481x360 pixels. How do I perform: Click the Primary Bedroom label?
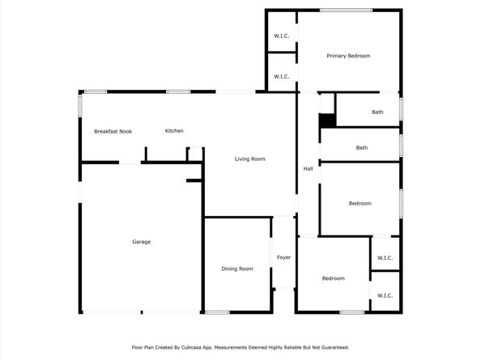point(348,56)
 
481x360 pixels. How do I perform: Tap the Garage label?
point(142,242)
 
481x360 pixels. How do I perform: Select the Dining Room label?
point(237,269)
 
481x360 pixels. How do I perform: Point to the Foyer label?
point(283,257)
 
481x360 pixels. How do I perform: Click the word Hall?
point(308,168)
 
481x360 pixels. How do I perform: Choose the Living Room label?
point(250,159)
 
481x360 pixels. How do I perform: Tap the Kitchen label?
point(174,131)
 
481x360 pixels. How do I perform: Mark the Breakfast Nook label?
point(113,131)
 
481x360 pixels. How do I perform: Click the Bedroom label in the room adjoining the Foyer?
point(333,278)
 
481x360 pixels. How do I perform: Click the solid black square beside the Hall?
point(326,120)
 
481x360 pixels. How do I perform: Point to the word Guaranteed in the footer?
point(332,347)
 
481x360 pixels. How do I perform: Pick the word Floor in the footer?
point(138,347)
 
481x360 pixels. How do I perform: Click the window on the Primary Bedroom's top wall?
point(346,10)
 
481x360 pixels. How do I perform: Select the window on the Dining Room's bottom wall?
point(217,312)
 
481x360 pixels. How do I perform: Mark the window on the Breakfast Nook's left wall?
point(79,105)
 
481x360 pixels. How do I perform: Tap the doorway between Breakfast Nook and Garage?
point(130,163)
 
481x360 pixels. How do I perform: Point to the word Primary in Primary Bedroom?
point(337,56)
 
